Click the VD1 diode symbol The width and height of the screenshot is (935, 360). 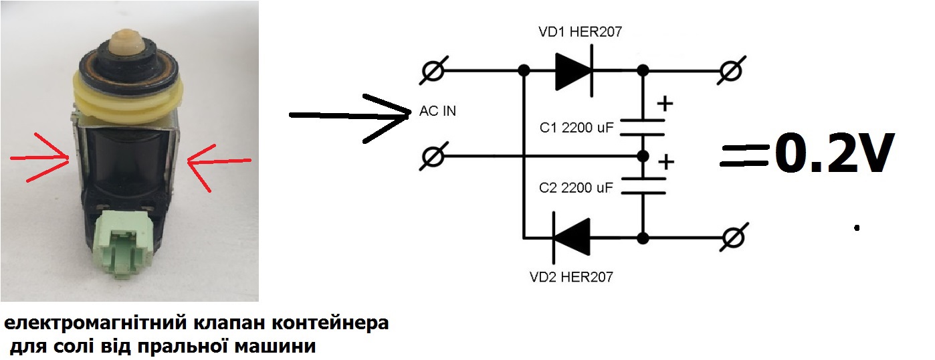574,70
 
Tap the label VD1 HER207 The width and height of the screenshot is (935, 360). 580,31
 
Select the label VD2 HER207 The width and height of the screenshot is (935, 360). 570,276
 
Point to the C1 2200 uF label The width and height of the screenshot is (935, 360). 576,128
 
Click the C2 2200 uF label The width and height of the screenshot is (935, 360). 576,188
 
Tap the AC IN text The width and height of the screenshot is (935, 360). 437,111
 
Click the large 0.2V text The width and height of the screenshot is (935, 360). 834,155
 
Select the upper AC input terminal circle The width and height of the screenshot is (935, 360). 434,70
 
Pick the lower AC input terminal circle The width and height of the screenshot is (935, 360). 434,158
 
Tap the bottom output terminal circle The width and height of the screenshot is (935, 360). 733,238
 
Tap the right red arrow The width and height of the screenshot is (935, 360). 218,161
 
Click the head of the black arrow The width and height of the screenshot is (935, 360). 395,116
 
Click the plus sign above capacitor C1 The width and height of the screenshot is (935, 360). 665,104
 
